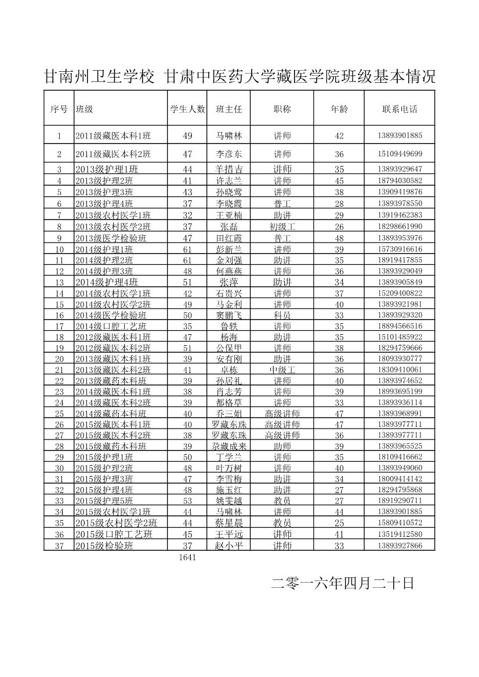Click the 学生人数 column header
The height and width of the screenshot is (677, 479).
(x=187, y=109)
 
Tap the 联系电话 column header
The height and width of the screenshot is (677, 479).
(x=400, y=109)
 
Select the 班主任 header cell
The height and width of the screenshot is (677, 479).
(x=228, y=109)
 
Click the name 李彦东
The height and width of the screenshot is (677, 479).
(x=228, y=154)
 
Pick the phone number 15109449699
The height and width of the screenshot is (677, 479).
(x=400, y=154)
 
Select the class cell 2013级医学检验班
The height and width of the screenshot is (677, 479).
(x=111, y=238)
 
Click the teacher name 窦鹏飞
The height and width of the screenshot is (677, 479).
(x=228, y=315)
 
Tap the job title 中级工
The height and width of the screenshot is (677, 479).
(x=282, y=370)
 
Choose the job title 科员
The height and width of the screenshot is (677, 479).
(x=282, y=315)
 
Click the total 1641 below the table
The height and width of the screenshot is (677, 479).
(x=188, y=558)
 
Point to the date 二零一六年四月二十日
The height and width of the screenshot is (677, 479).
(x=342, y=583)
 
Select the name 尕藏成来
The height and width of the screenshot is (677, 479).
(x=228, y=447)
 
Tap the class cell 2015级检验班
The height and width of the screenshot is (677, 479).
(x=104, y=546)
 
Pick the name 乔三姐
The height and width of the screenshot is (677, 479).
(x=228, y=413)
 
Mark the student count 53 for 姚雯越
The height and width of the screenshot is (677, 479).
(x=187, y=501)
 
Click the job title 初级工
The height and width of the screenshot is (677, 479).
(x=282, y=227)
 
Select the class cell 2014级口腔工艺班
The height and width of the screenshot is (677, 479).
(x=111, y=326)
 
